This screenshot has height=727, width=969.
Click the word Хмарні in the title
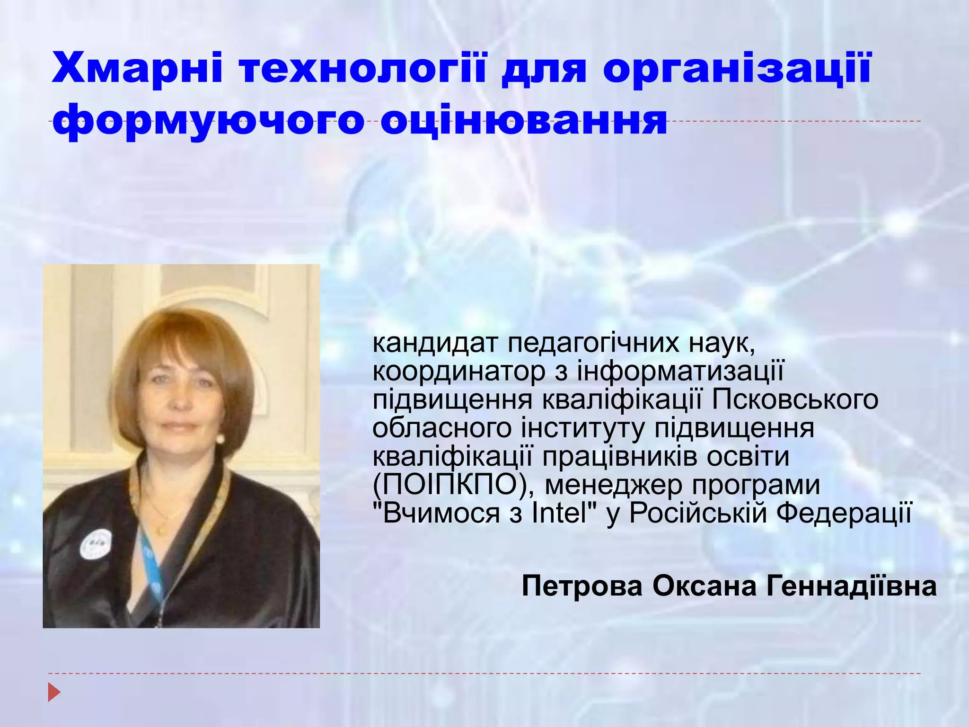137,69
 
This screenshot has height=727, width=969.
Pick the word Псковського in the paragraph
795,399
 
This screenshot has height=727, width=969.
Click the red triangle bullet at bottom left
54,692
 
